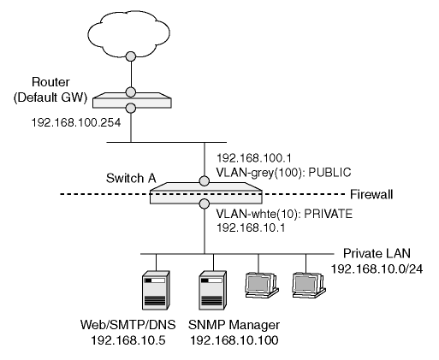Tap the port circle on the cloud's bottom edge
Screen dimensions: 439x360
coord(131,56)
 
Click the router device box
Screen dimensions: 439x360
coord(132,100)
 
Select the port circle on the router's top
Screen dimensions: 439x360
coord(131,92)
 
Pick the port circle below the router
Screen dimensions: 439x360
coord(131,108)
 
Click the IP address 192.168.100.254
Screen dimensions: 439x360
coord(76,122)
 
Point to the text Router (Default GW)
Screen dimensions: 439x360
coord(50,90)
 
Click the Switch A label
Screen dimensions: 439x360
coord(131,178)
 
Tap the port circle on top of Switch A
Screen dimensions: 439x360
coord(205,181)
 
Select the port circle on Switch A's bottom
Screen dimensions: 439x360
coord(205,204)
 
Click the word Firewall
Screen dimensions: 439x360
coord(371,194)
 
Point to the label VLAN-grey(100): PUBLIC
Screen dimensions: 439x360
coord(283,173)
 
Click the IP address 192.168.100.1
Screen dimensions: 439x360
coord(254,157)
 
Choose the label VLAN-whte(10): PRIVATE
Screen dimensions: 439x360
coord(284,214)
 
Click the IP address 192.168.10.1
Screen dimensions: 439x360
coord(251,227)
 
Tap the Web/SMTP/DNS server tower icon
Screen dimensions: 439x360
coord(156,290)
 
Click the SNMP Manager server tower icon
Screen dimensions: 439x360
coord(212,290)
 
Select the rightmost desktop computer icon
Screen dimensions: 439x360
coord(309,285)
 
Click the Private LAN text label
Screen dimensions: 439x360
coord(377,253)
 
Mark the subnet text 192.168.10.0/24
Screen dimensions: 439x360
coord(377,269)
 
